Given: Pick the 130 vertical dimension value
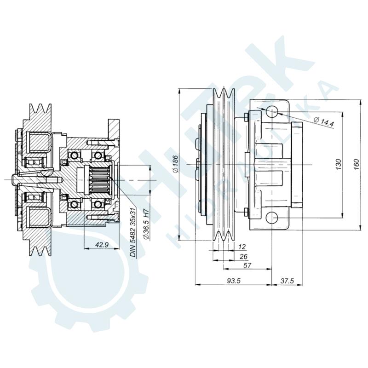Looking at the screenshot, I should (x=338, y=164).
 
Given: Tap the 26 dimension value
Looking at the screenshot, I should (x=243, y=257).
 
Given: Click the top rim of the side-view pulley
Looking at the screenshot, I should (x=223, y=88).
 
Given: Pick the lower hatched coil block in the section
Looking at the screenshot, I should (x=40, y=216).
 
